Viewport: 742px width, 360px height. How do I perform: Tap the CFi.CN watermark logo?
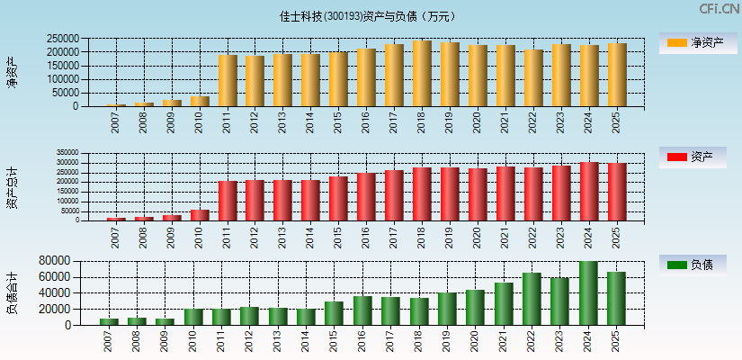click(720, 9)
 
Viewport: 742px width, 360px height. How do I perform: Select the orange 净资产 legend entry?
click(692, 43)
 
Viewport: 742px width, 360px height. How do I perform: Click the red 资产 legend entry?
click(692, 157)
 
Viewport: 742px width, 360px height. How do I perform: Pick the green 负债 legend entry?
click(692, 265)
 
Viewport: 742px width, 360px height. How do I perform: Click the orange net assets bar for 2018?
click(422, 74)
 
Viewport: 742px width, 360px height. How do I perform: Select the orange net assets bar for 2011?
click(228, 81)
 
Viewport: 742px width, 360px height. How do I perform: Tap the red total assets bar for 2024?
click(589, 191)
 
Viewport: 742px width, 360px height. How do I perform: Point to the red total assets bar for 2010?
click(200, 215)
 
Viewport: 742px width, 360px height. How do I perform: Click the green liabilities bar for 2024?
click(588, 292)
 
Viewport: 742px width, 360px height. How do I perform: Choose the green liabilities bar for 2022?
click(532, 299)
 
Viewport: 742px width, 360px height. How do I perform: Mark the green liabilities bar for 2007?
click(109, 321)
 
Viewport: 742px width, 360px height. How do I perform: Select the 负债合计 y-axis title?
click(12, 292)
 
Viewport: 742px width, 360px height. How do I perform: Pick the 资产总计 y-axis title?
click(12, 187)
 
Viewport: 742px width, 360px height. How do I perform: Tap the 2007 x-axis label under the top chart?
click(116, 123)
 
